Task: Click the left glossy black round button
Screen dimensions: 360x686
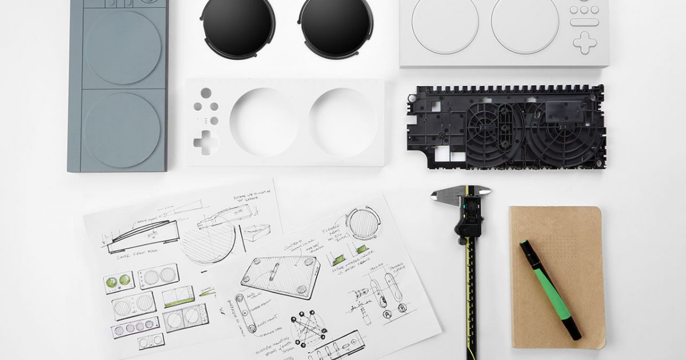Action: [238, 27]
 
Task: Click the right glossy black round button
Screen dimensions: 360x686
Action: [336, 27]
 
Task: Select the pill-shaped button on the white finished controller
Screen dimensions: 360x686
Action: [584, 22]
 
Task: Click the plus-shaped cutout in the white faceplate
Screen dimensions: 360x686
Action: [205, 142]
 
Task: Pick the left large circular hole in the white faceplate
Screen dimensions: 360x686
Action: [264, 122]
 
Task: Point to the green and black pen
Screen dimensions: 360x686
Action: [550, 289]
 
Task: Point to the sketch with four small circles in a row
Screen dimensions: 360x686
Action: [135, 327]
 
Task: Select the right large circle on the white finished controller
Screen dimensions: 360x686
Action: [525, 26]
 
